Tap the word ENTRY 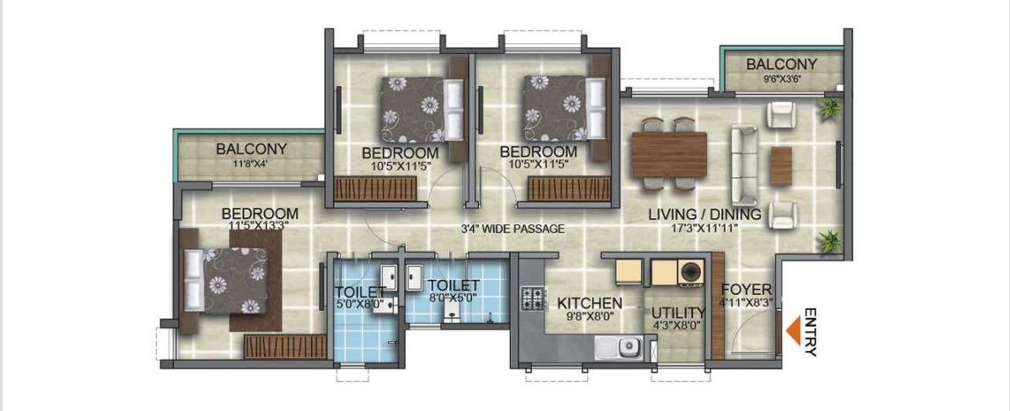click(x=810, y=333)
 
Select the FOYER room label click(x=746, y=289)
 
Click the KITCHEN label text click(x=589, y=303)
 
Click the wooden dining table click(x=669, y=155)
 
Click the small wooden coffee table click(x=781, y=165)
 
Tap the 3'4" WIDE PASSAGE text click(x=512, y=229)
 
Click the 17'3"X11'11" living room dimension click(x=704, y=228)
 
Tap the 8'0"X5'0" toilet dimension click(x=454, y=298)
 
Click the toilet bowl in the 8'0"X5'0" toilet click(x=453, y=312)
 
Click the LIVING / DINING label click(x=704, y=215)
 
